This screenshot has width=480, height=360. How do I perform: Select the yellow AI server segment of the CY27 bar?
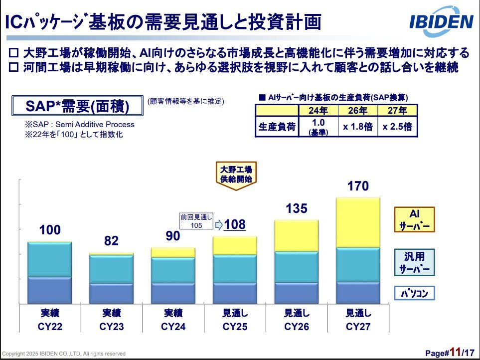click(359, 222)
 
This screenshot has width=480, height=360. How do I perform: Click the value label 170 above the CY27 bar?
click(358, 186)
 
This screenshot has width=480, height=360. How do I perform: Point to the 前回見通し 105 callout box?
click(196, 221)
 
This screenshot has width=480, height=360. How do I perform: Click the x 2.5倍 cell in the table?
click(397, 127)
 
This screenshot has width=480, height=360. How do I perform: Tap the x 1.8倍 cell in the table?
click(358, 127)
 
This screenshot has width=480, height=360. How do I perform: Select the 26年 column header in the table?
click(358, 110)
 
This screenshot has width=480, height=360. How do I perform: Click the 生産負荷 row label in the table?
click(277, 127)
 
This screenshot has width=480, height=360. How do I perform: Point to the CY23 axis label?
click(111, 327)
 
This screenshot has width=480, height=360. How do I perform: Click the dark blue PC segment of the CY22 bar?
click(49, 290)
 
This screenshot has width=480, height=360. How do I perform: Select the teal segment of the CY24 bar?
click(173, 270)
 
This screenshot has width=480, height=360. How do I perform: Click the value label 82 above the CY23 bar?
click(111, 241)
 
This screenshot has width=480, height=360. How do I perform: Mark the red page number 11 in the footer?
click(454, 352)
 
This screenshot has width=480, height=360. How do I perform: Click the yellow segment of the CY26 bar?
click(297, 236)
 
